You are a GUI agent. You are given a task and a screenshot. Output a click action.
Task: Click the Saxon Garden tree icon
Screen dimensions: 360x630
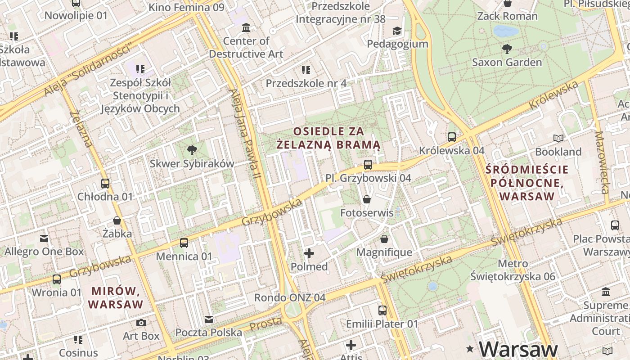click(x=507, y=49)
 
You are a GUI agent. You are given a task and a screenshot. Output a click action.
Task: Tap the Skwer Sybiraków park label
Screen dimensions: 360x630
click(x=192, y=163)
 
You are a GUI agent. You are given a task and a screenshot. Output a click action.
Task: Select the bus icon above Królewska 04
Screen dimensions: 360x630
click(x=452, y=137)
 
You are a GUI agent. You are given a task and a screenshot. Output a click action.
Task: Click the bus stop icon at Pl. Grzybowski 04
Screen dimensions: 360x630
click(x=368, y=165)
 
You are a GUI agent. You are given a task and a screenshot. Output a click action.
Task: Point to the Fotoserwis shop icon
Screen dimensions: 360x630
click(x=367, y=199)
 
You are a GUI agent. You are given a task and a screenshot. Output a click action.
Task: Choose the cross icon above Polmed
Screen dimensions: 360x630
click(x=309, y=253)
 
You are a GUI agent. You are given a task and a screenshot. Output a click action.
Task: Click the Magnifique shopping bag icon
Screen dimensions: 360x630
click(x=384, y=239)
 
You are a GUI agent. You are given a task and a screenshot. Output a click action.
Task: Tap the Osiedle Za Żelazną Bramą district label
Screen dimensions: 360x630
click(x=328, y=138)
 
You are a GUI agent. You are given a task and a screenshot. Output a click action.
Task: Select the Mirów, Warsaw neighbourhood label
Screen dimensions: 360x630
click(x=116, y=297)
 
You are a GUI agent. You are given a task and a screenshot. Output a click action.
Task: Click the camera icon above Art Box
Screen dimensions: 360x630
click(x=141, y=323)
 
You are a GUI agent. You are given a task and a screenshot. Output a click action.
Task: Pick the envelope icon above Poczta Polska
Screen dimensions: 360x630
click(x=209, y=319)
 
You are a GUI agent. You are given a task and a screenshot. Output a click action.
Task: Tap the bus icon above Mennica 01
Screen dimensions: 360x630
click(x=184, y=243)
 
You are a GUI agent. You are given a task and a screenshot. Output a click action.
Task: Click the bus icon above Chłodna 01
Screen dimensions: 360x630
click(x=105, y=184)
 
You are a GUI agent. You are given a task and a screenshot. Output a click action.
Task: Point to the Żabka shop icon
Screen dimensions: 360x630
click(x=117, y=220)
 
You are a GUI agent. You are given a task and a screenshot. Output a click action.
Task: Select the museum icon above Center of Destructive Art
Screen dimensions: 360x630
click(x=246, y=28)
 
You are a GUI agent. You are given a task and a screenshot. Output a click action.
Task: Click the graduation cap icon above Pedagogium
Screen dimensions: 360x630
click(x=397, y=31)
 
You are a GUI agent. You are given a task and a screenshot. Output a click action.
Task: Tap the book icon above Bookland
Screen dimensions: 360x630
click(x=558, y=138)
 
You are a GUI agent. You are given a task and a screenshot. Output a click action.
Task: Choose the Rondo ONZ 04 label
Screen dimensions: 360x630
click(x=290, y=297)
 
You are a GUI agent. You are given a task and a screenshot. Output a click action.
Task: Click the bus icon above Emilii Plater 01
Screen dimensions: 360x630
click(x=382, y=310)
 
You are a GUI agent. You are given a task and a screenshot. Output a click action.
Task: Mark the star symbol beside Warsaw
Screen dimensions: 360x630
click(x=470, y=349)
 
